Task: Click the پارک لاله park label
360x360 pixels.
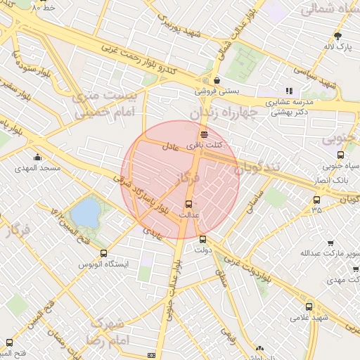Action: pos(337,47)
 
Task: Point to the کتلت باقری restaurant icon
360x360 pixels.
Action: pos(204,134)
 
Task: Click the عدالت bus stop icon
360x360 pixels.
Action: pos(186,204)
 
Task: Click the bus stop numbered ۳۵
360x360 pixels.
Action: pos(316,200)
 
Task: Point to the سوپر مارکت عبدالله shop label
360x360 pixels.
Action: pos(330,253)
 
